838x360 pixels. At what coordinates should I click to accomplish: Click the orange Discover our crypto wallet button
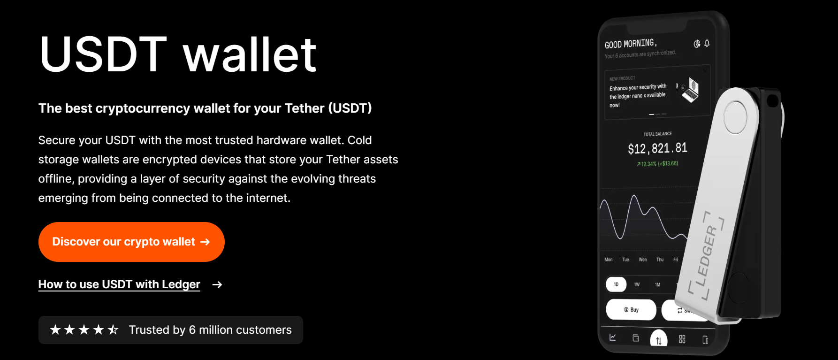(131, 242)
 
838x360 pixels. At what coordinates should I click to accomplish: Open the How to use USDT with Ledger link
(119, 284)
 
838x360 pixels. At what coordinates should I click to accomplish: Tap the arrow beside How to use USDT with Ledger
(217, 284)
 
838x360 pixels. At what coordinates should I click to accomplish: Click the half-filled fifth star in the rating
(113, 330)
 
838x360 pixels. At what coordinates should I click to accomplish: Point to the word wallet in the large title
(250, 55)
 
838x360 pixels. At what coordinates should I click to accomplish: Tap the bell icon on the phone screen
(707, 43)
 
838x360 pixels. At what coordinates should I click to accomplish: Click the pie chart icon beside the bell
(697, 44)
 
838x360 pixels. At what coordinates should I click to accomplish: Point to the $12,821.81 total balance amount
(657, 149)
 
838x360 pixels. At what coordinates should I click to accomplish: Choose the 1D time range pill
(616, 284)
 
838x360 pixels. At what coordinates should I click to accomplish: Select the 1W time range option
(637, 284)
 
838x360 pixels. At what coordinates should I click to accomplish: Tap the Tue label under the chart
(625, 260)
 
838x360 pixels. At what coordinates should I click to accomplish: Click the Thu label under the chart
(660, 260)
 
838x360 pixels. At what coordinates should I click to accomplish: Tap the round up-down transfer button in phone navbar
(659, 340)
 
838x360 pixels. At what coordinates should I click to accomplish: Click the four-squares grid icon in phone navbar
(682, 339)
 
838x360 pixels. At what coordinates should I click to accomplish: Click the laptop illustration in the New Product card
(690, 90)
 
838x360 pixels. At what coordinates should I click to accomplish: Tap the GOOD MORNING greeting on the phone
(630, 44)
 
